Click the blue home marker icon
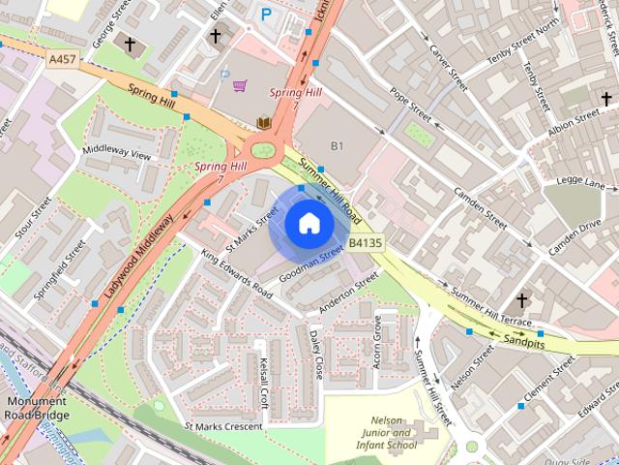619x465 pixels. click(x=309, y=224)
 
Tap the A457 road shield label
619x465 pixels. click(x=62, y=60)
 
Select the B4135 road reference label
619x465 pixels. click(x=364, y=243)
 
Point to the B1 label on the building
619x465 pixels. click(x=338, y=145)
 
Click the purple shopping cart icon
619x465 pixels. click(x=239, y=86)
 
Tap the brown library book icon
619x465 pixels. click(x=261, y=123)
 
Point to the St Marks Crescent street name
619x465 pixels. click(x=222, y=426)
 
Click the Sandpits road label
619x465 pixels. click(x=523, y=341)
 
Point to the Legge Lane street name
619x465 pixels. click(x=581, y=183)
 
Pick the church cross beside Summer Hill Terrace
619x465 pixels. click(x=523, y=300)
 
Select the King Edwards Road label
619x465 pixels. click(x=237, y=273)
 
